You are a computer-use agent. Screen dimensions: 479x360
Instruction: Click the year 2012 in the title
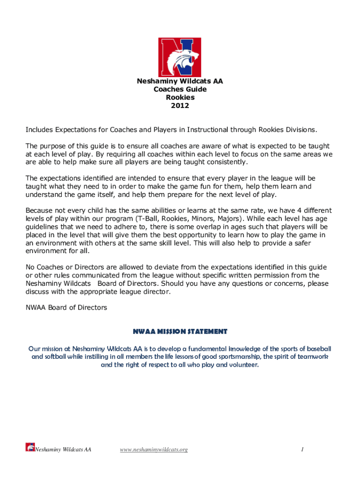click(x=180, y=105)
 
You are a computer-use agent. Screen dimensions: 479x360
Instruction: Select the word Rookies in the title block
click(x=180, y=97)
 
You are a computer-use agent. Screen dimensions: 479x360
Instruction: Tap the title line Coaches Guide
click(x=180, y=89)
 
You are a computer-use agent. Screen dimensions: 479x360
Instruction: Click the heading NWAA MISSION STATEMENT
click(x=180, y=332)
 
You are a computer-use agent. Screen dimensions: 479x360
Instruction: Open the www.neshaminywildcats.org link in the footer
click(x=154, y=450)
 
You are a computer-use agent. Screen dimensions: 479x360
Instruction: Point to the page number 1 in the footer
click(x=303, y=450)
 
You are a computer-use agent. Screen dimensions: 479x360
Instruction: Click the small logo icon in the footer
click(x=30, y=448)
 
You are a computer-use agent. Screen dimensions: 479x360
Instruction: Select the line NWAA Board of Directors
click(x=66, y=307)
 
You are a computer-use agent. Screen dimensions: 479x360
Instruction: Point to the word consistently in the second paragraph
click(x=224, y=162)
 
